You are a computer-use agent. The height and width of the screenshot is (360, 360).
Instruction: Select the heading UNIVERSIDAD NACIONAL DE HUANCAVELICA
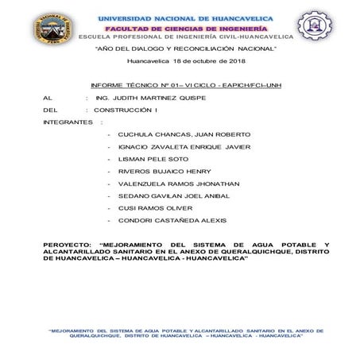[185, 17]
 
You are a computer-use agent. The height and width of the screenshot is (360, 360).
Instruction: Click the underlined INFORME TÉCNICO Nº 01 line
[186, 84]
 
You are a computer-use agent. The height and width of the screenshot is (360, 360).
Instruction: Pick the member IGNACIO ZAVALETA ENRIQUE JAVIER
[184, 147]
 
